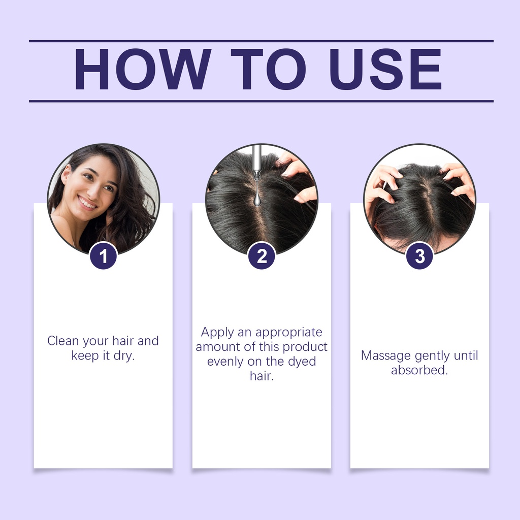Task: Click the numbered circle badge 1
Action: (x=103, y=256)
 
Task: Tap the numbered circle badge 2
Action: (x=262, y=256)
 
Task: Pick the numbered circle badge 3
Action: (x=419, y=256)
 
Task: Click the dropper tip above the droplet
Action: (x=256, y=175)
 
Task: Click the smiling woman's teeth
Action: (x=87, y=203)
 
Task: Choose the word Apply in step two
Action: (x=217, y=332)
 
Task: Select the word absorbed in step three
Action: (x=419, y=370)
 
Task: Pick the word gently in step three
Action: (x=432, y=356)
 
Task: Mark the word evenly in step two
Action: (x=225, y=362)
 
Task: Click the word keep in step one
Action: (x=85, y=356)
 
